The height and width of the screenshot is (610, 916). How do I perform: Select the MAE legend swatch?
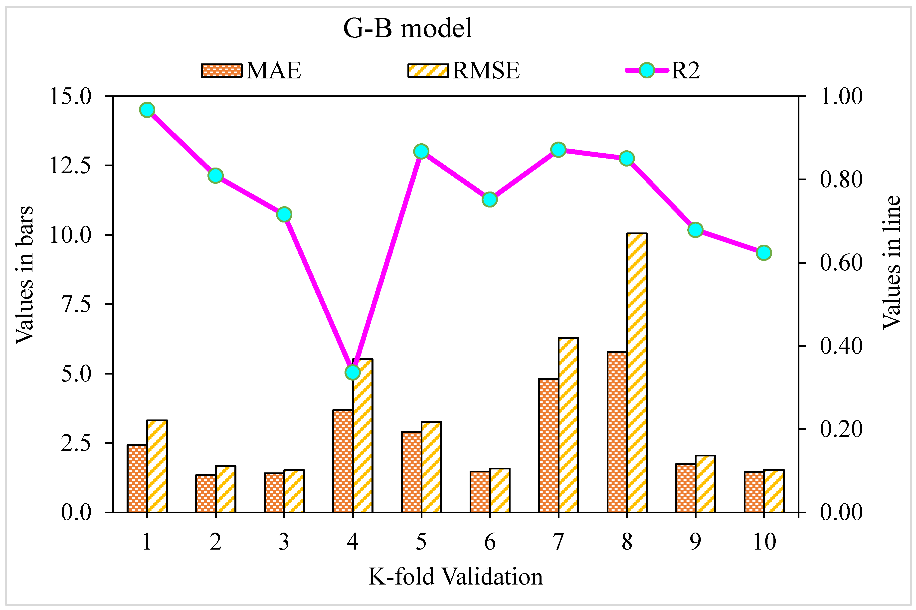pos(221,70)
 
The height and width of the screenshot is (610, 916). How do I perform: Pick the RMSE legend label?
pos(486,70)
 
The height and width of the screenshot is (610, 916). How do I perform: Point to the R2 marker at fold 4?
pos(353,372)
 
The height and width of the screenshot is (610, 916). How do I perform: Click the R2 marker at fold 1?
pos(147,110)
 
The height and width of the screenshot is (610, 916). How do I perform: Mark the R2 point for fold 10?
pos(764,253)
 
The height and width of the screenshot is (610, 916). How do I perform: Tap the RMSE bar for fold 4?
pos(363,436)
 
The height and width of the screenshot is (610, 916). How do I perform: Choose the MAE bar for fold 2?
pos(206,493)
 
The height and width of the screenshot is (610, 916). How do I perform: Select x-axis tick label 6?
pos(490,542)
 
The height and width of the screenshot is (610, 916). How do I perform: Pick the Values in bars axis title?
pos(24,275)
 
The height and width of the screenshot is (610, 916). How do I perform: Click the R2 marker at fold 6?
pos(490,200)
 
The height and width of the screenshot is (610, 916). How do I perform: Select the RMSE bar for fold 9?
pos(705,484)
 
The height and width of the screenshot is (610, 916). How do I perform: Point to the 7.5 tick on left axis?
pos(76,304)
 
